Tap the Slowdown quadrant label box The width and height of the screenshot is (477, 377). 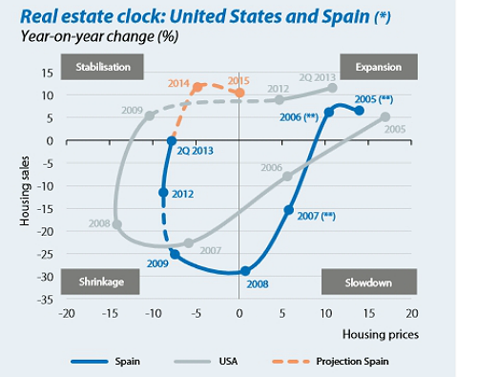pyautogui.click(x=368, y=282)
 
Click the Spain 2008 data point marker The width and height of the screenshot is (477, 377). pyautogui.click(x=245, y=271)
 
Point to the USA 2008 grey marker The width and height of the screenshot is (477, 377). pyautogui.click(x=116, y=225)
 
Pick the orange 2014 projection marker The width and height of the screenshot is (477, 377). pyautogui.click(x=197, y=87)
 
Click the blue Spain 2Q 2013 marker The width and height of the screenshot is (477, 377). pyautogui.click(x=172, y=141)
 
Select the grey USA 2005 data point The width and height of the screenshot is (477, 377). pyautogui.click(x=385, y=117)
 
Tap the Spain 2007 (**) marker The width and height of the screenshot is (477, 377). pyautogui.click(x=289, y=210)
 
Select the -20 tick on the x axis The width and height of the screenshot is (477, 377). pyautogui.click(x=66, y=313)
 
